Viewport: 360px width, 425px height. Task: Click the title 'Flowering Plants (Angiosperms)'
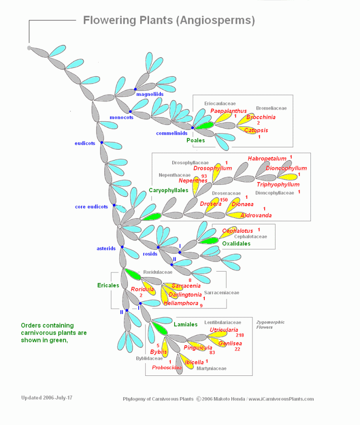click(169, 20)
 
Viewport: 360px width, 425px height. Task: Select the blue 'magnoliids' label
click(150, 94)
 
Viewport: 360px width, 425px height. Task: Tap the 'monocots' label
click(121, 117)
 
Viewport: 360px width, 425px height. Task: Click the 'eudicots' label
click(85, 143)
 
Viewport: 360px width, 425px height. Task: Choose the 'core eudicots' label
click(92, 206)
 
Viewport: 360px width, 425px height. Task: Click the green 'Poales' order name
click(195, 140)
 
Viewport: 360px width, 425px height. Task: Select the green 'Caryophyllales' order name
click(168, 190)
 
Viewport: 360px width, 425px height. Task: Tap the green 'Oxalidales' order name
click(236, 244)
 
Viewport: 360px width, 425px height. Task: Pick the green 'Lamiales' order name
click(185, 324)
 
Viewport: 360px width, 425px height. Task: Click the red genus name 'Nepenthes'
click(193, 180)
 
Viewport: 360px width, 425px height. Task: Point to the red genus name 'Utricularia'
click(224, 330)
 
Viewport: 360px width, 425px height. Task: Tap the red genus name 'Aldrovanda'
click(256, 215)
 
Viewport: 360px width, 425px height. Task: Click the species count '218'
click(240, 335)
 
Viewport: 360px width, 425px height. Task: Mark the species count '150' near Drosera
click(224, 200)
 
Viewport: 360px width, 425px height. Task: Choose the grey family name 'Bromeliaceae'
click(271, 108)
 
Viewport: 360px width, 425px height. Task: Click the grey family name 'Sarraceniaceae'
click(221, 293)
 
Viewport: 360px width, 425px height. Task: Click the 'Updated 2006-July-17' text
click(47, 398)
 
